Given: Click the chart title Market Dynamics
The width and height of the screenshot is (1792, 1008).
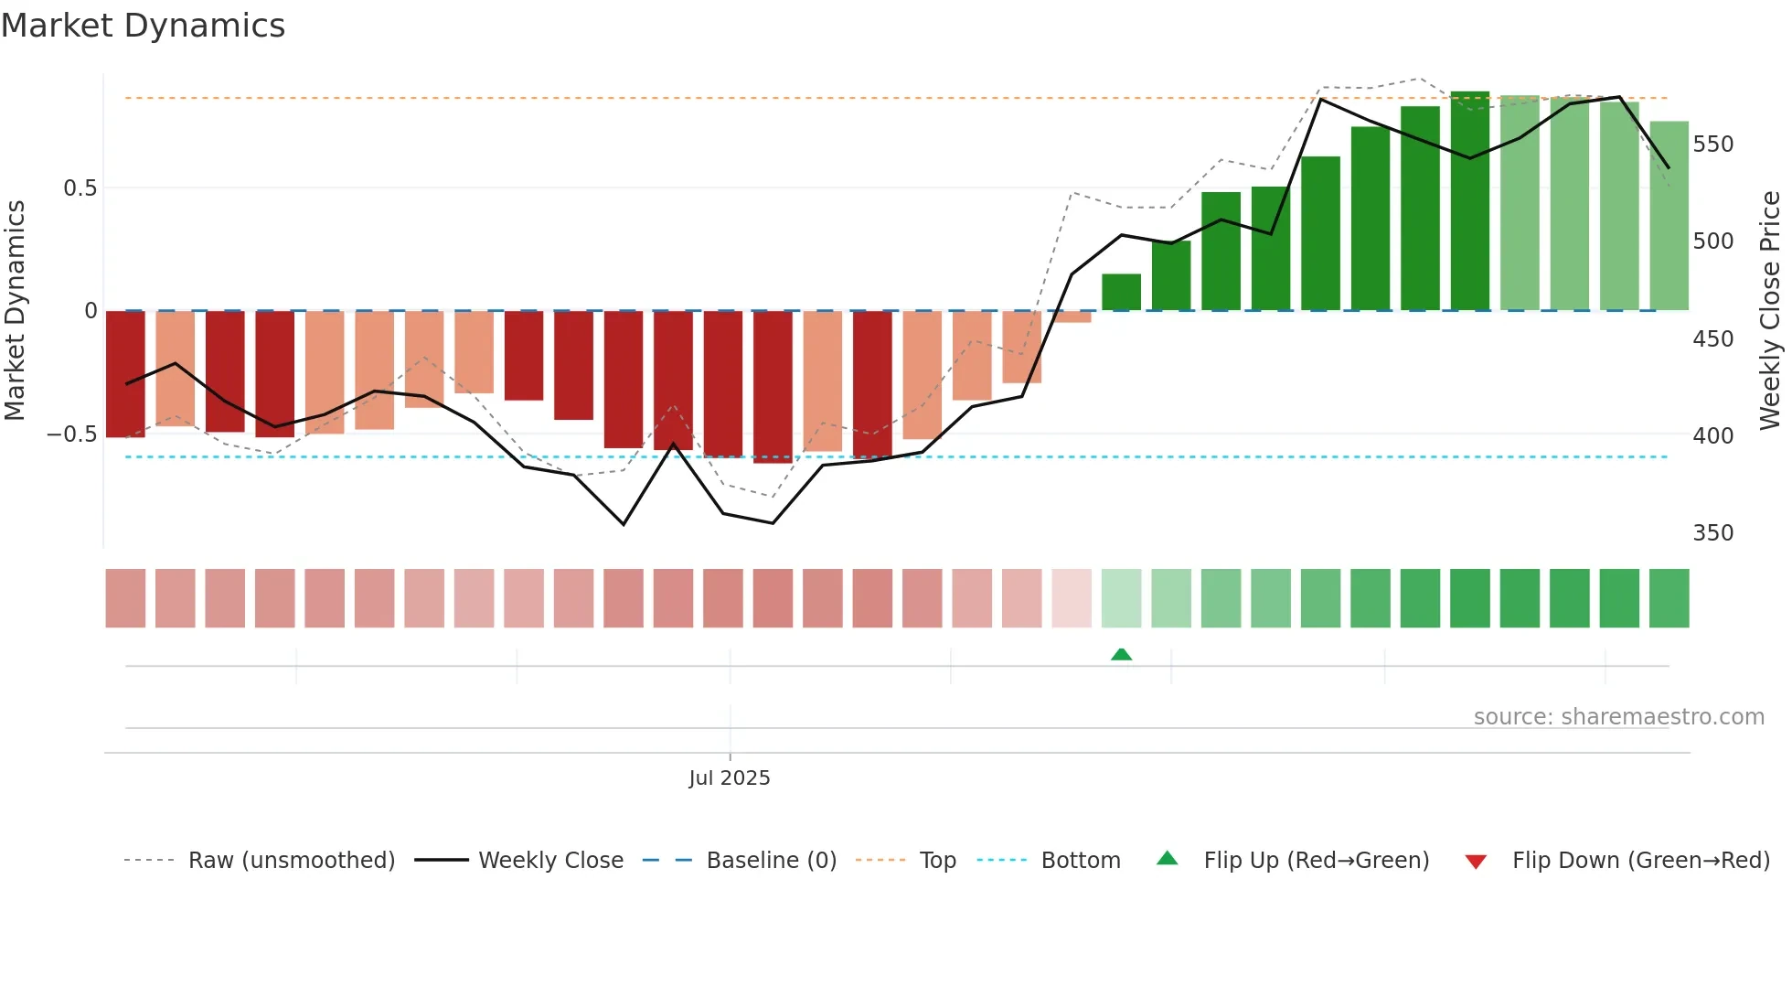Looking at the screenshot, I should coord(143,26).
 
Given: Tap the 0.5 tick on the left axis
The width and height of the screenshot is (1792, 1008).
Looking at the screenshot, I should coord(80,188).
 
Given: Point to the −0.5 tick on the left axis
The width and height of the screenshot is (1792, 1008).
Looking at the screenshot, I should coord(72,434).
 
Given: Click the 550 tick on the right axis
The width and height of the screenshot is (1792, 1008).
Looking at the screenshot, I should coord(1712,145).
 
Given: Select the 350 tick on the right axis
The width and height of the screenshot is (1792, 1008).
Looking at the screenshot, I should coord(1712,533).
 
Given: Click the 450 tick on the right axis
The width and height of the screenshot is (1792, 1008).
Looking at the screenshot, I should coord(1712,339).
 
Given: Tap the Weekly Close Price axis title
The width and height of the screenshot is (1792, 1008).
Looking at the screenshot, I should coord(1770,311).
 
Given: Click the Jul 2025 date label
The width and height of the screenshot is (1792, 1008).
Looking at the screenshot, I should coord(729,778).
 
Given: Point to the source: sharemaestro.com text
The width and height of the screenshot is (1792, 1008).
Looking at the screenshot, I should coord(1618,717).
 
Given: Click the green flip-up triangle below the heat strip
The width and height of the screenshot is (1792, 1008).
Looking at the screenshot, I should coord(1121,654).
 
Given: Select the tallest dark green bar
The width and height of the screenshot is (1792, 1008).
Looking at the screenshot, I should coord(1469,201).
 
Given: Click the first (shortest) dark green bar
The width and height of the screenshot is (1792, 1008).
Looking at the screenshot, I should coord(1121,293).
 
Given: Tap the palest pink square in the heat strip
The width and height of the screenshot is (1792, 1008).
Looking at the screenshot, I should coord(1072,598).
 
